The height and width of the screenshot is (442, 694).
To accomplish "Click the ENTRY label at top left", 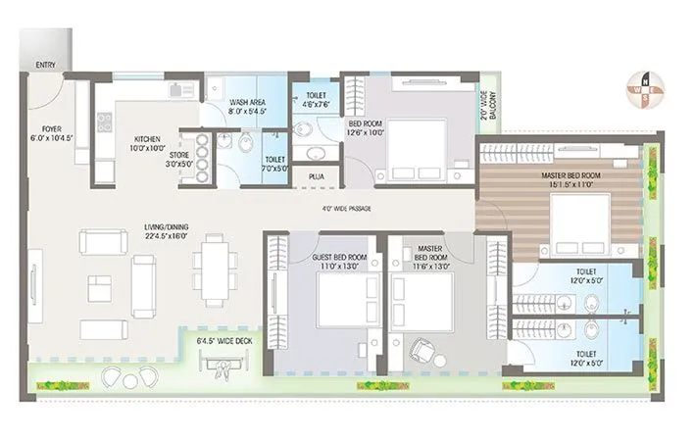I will click(45, 65).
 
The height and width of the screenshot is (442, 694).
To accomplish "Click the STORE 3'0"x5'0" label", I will click(177, 159).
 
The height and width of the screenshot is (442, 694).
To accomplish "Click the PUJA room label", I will click(317, 176).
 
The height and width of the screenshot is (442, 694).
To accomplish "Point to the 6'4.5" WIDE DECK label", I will click(224, 340).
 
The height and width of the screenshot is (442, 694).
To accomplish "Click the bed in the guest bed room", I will click(347, 299).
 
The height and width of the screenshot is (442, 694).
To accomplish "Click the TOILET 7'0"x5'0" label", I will click(274, 164).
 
